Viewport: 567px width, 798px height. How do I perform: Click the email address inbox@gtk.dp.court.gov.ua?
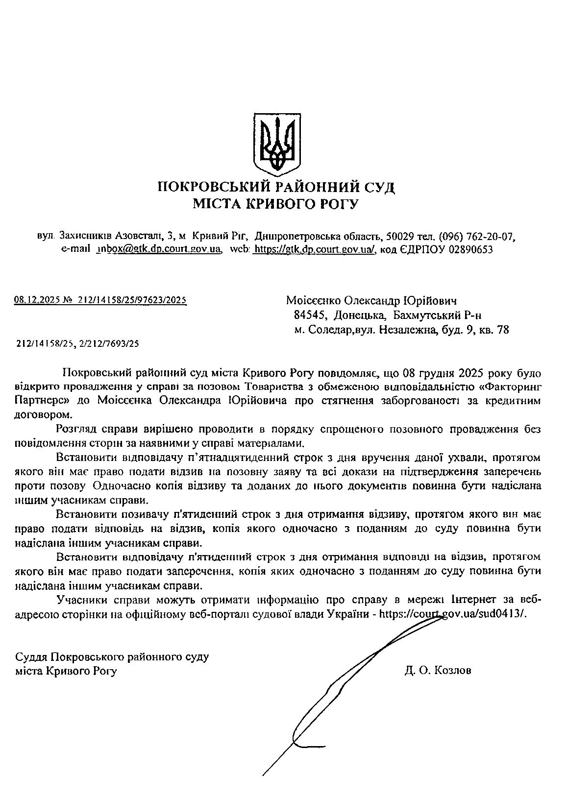(158, 249)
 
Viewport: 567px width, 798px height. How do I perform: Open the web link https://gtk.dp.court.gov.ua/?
(314, 249)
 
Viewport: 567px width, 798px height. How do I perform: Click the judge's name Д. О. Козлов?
(438, 671)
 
